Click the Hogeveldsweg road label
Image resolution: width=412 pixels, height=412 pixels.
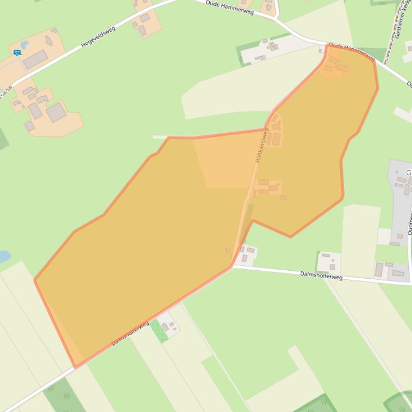pos(98,37)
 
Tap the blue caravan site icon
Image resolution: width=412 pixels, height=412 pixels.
pos(17,52)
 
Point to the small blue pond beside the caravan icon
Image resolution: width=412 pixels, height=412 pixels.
pos(24,44)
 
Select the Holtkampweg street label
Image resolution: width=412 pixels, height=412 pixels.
pos(262,146)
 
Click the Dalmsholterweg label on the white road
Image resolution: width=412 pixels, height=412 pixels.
pos(321,276)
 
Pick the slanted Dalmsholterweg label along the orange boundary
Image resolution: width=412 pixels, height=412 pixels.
pos(130,333)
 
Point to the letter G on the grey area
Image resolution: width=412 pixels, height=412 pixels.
pos(409,173)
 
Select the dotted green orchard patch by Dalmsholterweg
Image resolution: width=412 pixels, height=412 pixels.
pos(159,331)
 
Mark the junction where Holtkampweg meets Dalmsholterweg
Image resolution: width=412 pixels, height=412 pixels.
pos(233,266)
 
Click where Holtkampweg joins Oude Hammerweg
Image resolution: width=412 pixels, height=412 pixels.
pos(326,45)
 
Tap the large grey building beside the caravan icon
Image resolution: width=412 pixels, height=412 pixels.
pos(35,59)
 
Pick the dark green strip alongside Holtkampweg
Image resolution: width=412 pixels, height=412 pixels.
pos(246,222)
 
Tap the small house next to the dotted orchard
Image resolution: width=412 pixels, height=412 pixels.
pos(166,326)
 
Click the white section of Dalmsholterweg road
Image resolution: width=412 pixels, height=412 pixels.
pos(278,271)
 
